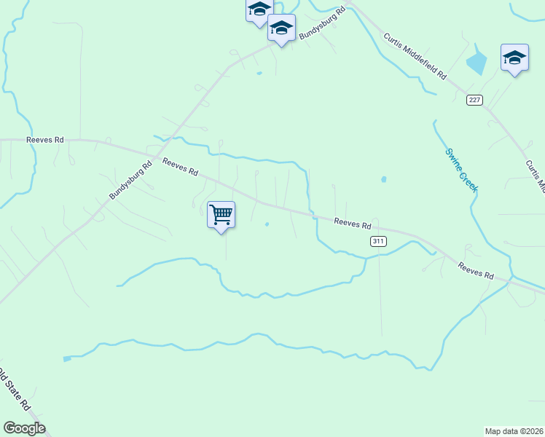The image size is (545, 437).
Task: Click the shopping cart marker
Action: pos(221,216)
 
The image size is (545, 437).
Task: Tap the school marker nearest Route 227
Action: pos(514,58)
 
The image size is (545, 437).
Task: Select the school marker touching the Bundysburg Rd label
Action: pos(281,28)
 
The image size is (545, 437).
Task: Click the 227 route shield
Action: pos(474,101)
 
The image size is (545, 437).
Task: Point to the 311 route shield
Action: pos(377,241)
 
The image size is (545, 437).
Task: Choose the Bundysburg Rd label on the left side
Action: pos(130,181)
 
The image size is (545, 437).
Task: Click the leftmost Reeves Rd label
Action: pos(44,139)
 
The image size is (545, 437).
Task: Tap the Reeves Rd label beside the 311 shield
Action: pos(353,222)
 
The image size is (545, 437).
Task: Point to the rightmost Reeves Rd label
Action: pos(476,272)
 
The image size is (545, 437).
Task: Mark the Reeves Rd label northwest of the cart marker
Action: pos(180,168)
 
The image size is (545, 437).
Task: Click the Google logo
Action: pos(24,428)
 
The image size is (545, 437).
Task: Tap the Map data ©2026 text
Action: pos(514,431)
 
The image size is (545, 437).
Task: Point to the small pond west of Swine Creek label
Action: pos(383,178)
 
